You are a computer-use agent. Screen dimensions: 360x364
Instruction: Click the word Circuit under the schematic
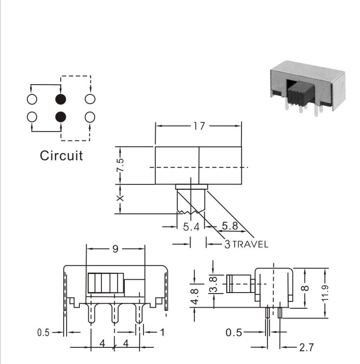tap(61, 155)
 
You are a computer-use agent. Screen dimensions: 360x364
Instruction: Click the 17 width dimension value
tap(199, 126)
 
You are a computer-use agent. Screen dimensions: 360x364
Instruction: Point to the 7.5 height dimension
tap(120, 165)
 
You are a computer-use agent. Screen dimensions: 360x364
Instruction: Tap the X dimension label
tap(120, 198)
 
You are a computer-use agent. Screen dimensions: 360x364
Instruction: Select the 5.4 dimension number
tap(191, 227)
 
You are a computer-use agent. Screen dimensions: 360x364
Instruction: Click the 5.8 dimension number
tap(230, 226)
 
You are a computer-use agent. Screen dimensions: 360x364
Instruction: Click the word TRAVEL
tap(250, 245)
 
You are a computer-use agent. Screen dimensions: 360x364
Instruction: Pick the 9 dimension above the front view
tap(116, 249)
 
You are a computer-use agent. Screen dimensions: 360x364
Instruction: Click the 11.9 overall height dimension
tap(325, 293)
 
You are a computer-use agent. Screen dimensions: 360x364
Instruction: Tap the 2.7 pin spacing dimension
tap(307, 347)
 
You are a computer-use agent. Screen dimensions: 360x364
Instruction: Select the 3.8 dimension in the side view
tap(213, 284)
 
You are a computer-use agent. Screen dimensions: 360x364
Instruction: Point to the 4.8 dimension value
tap(194, 296)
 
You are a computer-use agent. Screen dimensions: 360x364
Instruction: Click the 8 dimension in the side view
tap(305, 288)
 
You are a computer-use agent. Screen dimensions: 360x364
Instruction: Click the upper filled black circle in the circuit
tap(61, 99)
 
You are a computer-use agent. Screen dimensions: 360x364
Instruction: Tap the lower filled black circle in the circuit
tap(61, 117)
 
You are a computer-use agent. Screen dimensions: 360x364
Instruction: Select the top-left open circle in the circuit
tap(32, 99)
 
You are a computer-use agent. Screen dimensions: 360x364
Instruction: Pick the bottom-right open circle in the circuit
tap(90, 117)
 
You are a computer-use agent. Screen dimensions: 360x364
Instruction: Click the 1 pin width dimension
tap(163, 332)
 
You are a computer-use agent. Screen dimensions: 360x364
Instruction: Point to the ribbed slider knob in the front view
tap(106, 283)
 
